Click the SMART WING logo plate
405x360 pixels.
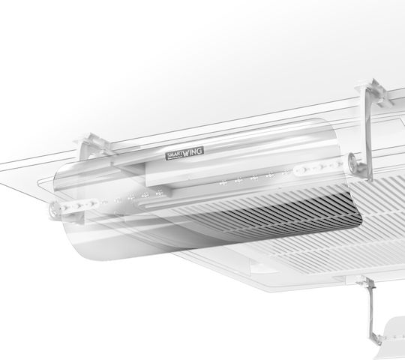184,154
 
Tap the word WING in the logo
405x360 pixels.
193,152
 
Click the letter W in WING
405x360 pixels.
187,154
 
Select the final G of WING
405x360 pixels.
200,151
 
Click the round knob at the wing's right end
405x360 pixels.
352,161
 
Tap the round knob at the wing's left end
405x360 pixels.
54,208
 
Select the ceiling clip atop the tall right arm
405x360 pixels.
374,91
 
